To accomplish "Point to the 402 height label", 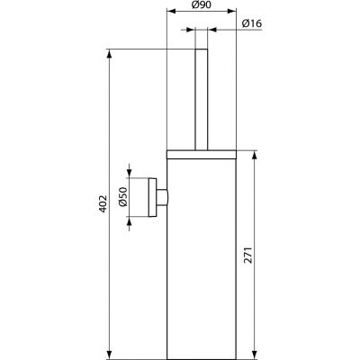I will (101, 206).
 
